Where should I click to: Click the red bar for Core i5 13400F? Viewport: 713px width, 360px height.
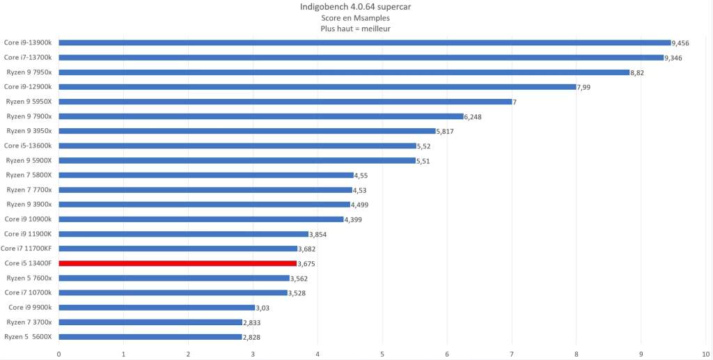(178, 263)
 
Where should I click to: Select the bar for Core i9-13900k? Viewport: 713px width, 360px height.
(365, 42)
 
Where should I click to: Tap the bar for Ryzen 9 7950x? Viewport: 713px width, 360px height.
(344, 72)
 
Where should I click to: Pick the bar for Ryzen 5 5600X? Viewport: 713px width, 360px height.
(150, 336)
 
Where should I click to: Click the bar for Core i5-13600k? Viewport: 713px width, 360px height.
(237, 146)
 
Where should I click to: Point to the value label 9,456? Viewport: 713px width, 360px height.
(680, 43)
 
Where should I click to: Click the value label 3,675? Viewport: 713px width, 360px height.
(306, 264)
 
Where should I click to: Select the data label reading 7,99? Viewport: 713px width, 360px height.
(583, 87)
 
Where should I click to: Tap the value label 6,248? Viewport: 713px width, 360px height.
(473, 117)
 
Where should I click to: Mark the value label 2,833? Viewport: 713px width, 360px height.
(252, 322)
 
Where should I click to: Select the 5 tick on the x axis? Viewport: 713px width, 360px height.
(382, 353)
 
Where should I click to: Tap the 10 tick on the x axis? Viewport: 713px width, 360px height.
(705, 353)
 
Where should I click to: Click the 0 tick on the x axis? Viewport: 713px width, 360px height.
(59, 353)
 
